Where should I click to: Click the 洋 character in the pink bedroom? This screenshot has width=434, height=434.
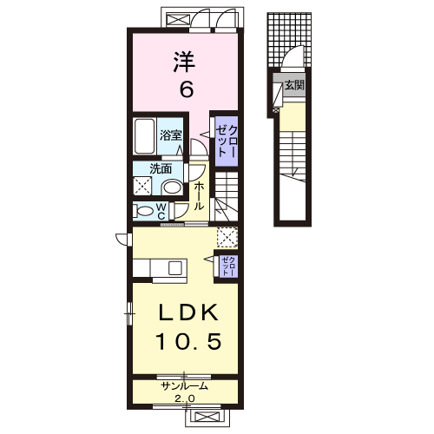pyautogui.click(x=184, y=62)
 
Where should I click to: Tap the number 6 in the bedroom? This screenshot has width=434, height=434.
pyautogui.click(x=187, y=89)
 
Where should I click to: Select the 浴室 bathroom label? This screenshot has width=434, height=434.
pyautogui.click(x=171, y=135)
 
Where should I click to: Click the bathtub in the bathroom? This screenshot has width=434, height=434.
pyautogui.click(x=144, y=136)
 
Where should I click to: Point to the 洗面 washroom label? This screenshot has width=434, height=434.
pyautogui.click(x=161, y=169)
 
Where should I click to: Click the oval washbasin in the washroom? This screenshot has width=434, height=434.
pyautogui.click(x=172, y=187)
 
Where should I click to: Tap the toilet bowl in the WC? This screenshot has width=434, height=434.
pyautogui.click(x=145, y=211)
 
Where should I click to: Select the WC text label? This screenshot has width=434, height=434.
pyautogui.click(x=161, y=211)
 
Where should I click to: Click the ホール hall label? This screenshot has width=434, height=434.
pyautogui.click(x=199, y=196)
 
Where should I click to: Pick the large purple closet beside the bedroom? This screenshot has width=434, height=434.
pyautogui.click(x=227, y=141)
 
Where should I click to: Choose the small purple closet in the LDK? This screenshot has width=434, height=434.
pyautogui.click(x=228, y=266)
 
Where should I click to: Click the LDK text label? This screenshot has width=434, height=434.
pyautogui.click(x=189, y=312)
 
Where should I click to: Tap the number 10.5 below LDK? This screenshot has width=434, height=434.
pyautogui.click(x=189, y=341)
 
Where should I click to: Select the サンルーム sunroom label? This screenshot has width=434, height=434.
pyautogui.click(x=185, y=386)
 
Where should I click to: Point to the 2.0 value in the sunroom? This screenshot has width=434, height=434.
pyautogui.click(x=185, y=398)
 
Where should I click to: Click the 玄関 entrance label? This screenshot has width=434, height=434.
pyautogui.click(x=294, y=85)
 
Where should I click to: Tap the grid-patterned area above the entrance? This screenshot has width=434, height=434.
pyautogui.click(x=289, y=40)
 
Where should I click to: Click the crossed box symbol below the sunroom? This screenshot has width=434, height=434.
pyautogui.click(x=207, y=417)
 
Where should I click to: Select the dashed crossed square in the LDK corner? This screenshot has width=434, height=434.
pyautogui.click(x=227, y=238)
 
